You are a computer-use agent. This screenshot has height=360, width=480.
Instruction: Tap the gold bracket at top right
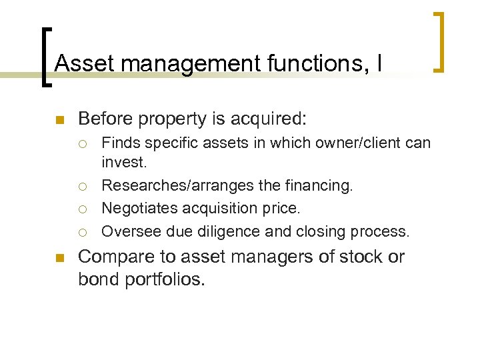coord(439,41)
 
